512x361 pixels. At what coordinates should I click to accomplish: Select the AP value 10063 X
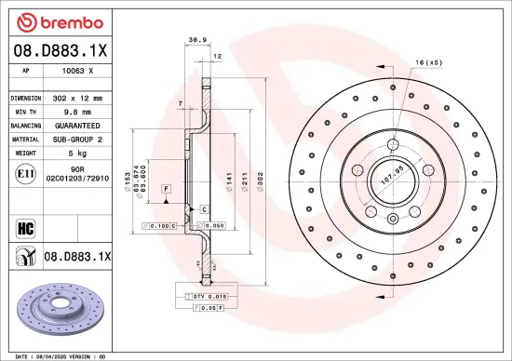[77, 72]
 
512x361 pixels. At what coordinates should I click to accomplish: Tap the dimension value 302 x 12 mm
[77, 98]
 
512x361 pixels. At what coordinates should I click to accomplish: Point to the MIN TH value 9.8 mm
[77, 111]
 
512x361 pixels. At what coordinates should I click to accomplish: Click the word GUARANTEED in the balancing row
[77, 125]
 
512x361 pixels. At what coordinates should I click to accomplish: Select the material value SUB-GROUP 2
[77, 138]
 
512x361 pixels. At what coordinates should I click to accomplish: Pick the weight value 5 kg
[77, 152]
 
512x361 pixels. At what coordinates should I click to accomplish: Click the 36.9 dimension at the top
[197, 40]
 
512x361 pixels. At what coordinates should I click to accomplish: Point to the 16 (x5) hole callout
[429, 61]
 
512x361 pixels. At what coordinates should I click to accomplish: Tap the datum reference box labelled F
[164, 188]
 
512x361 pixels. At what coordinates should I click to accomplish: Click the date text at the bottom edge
[61, 355]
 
